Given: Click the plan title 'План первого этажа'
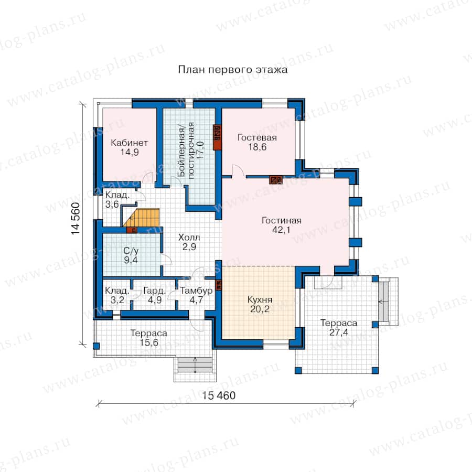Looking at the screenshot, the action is pyautogui.click(x=233, y=70).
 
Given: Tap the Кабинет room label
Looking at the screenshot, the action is pyautogui.click(x=129, y=142).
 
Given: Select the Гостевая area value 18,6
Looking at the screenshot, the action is pyautogui.click(x=257, y=147).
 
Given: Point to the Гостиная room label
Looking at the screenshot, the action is pyautogui.click(x=282, y=220).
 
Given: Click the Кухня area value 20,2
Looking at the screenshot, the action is pyautogui.click(x=260, y=309).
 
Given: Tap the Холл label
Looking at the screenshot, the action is pyautogui.click(x=189, y=237).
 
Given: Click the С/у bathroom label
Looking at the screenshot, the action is pyautogui.click(x=131, y=251).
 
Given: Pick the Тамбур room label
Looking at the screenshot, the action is pyautogui.click(x=196, y=291).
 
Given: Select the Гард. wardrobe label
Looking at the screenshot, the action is pyautogui.click(x=154, y=291).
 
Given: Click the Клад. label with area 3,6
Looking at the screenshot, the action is pyautogui.click(x=117, y=195).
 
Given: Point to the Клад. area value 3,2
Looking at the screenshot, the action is pyautogui.click(x=117, y=300).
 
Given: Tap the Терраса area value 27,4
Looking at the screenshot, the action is pyautogui.click(x=339, y=332).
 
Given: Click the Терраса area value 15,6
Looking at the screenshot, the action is pyautogui.click(x=149, y=342).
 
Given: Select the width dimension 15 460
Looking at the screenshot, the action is pyautogui.click(x=219, y=395).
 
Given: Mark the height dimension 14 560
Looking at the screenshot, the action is pyautogui.click(x=76, y=219).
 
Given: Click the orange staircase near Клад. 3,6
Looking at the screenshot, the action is pyautogui.click(x=141, y=217).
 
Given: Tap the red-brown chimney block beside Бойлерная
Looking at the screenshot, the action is pyautogui.click(x=217, y=137).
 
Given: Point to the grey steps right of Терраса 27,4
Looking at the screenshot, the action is pyautogui.click(x=383, y=302).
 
